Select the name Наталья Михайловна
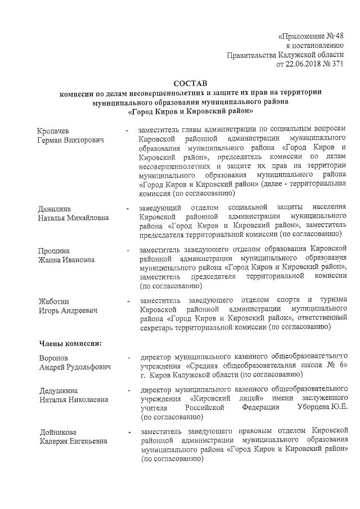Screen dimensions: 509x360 point(75,218)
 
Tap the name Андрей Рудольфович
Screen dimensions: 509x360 point(75,367)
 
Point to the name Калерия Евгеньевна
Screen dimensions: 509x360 point(73,440)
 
